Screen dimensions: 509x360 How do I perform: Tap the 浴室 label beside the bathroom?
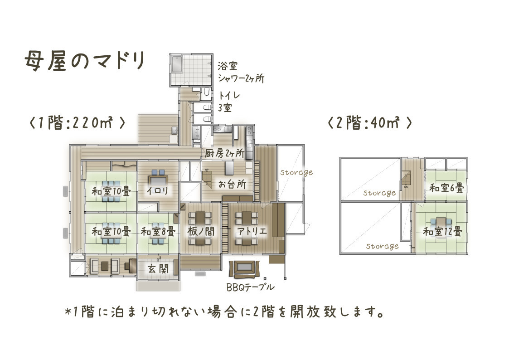click(x=228, y=66)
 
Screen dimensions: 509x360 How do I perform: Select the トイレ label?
click(x=229, y=96)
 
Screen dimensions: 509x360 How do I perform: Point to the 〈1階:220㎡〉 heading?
click(x=77, y=123)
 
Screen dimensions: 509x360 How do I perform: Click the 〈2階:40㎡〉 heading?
click(x=370, y=123)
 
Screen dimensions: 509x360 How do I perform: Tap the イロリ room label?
click(x=157, y=190)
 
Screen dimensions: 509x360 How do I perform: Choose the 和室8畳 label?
click(x=158, y=232)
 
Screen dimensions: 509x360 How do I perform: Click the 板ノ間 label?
click(x=201, y=231)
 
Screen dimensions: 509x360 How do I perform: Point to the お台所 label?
click(x=232, y=184)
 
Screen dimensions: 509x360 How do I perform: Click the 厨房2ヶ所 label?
click(x=224, y=153)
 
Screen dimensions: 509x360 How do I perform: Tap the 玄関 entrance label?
click(x=158, y=268)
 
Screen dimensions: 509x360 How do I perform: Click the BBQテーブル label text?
click(x=250, y=287)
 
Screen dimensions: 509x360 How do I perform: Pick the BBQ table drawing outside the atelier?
click(x=245, y=269)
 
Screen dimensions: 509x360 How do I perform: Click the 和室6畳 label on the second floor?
click(x=446, y=188)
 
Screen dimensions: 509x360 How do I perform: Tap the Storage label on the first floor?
click(x=296, y=172)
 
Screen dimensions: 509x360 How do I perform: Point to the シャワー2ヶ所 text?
click(x=241, y=78)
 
